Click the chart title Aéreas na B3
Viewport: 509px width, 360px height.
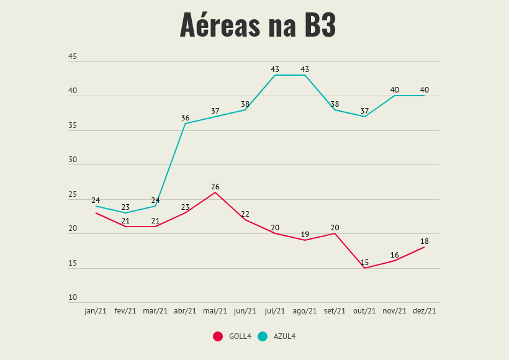[x=258, y=25]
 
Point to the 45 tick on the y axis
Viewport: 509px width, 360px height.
[x=73, y=57]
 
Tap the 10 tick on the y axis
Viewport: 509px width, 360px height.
[x=73, y=298]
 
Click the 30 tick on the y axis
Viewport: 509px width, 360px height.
[x=73, y=160]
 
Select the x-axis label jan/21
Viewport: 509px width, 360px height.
[x=96, y=311]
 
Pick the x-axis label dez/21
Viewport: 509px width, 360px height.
[x=425, y=311]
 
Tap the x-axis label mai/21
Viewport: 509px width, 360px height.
[x=215, y=311]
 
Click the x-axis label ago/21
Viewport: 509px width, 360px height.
[x=305, y=311]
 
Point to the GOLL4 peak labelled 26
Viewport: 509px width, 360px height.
[x=215, y=192]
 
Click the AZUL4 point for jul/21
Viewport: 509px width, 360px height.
[x=275, y=75]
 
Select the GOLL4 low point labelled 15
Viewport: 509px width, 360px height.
[x=365, y=268]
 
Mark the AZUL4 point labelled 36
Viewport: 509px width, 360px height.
[x=186, y=124]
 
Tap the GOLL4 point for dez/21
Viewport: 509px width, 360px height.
[x=425, y=247]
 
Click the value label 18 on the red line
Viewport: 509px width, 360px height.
[x=425, y=241]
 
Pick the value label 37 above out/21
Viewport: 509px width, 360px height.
[x=365, y=111]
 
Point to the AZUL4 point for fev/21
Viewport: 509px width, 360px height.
[x=125, y=213]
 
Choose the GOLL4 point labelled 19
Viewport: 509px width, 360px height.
[x=305, y=240]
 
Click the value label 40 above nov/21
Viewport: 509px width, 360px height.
[x=395, y=90]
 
